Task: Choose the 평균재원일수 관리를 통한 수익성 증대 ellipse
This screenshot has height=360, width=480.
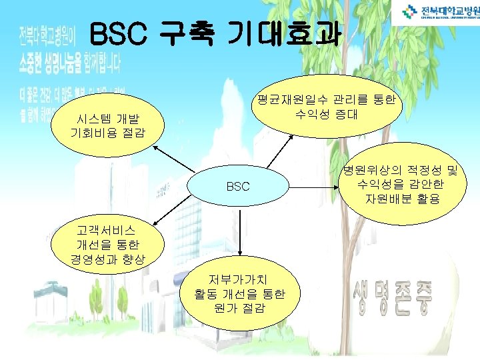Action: pyautogui.click(x=325, y=107)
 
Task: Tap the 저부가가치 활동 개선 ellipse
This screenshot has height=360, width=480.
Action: pyautogui.click(x=239, y=293)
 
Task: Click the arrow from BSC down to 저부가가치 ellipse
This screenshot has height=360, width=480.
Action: pyautogui.click(x=239, y=234)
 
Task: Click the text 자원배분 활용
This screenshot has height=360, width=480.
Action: pyautogui.click(x=402, y=199)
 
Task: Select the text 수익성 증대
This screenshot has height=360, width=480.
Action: pyautogui.click(x=325, y=114)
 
